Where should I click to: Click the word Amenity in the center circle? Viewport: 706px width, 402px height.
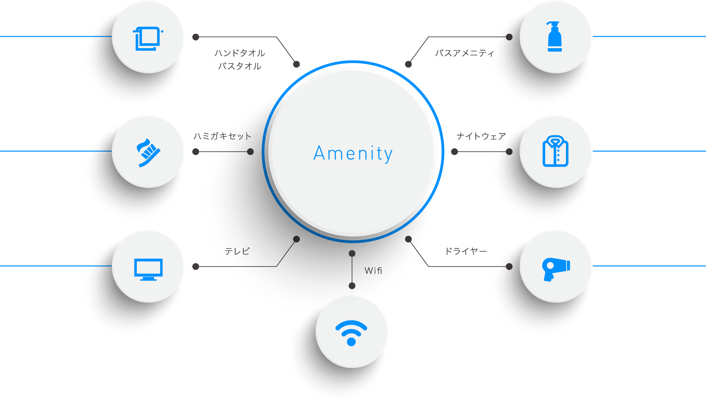point(353,153)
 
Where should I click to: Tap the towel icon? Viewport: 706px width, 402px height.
point(148,39)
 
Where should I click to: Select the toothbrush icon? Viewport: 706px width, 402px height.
point(148,152)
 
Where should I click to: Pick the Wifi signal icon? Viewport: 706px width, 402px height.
point(351,333)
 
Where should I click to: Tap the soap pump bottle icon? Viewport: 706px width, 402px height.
point(554,36)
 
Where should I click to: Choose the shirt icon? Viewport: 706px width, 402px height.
point(555,151)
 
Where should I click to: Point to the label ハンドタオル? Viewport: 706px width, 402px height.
point(240,53)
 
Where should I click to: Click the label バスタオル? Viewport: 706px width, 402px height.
point(240,66)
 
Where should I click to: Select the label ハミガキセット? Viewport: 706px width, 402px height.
point(222,136)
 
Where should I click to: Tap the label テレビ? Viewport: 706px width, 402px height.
point(237,251)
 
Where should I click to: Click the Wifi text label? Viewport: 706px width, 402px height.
point(373,271)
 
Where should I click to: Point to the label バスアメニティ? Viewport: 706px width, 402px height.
point(464,53)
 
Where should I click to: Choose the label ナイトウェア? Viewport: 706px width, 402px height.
point(481,136)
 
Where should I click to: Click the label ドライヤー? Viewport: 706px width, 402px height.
point(466,251)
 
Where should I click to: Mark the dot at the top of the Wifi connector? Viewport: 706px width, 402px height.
point(352,253)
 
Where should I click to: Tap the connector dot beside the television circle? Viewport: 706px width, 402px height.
point(196,266)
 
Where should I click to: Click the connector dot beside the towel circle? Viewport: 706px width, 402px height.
point(196,37)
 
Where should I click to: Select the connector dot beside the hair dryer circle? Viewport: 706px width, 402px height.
point(509,266)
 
